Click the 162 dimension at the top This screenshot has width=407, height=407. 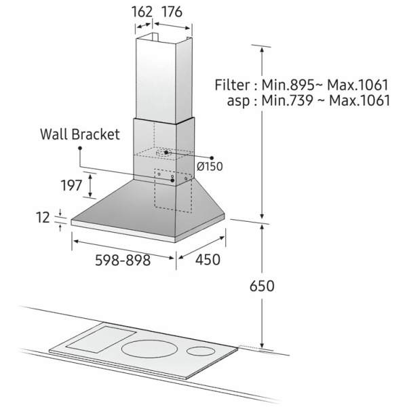(142, 12)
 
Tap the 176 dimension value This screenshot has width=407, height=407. (172, 12)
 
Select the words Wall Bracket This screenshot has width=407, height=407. (80, 134)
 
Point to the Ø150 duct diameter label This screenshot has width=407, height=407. (210, 166)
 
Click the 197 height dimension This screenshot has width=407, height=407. (71, 185)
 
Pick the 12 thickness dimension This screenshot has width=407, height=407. (43, 218)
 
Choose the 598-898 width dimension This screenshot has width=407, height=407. (123, 260)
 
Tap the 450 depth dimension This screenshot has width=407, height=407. (208, 260)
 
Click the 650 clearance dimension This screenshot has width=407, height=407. (262, 286)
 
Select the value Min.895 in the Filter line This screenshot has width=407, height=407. (288, 85)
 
